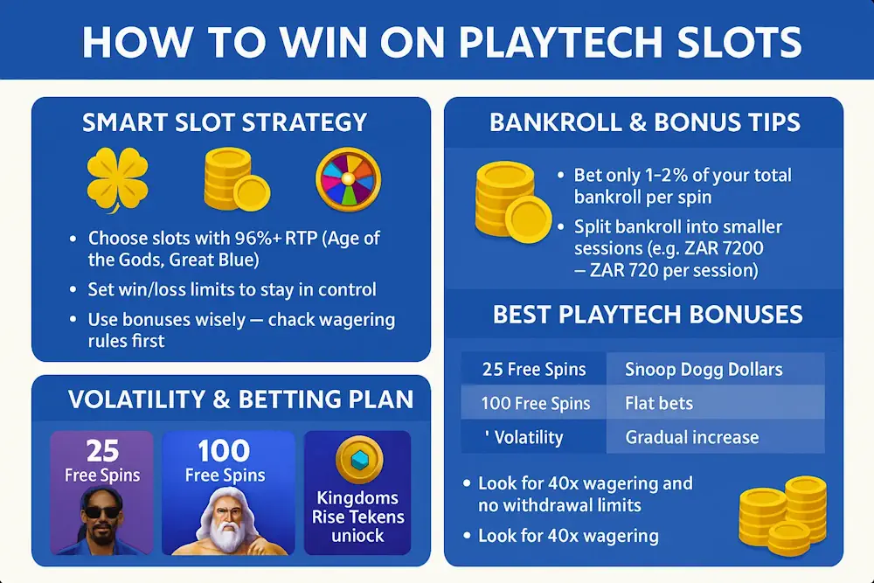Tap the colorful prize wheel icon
click(x=348, y=177)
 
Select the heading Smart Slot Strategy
click(x=225, y=122)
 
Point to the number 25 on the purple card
click(x=102, y=452)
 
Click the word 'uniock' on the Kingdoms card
click(x=357, y=535)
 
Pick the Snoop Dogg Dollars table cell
click(x=704, y=370)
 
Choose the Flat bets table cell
click(x=659, y=404)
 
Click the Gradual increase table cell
click(x=692, y=437)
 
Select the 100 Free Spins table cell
click(x=536, y=404)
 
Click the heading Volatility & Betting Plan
click(x=240, y=400)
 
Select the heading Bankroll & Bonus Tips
click(x=645, y=122)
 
